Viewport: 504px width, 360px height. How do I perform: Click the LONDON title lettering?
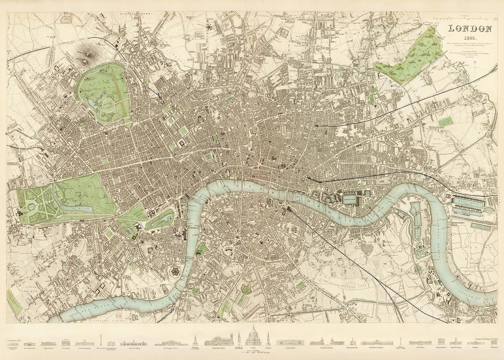coord(470,29)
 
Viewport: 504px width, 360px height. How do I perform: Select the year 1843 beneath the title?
coord(470,38)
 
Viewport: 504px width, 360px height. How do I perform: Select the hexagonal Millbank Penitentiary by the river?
coord(175,272)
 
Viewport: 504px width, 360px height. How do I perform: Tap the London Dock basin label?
coord(353,199)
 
